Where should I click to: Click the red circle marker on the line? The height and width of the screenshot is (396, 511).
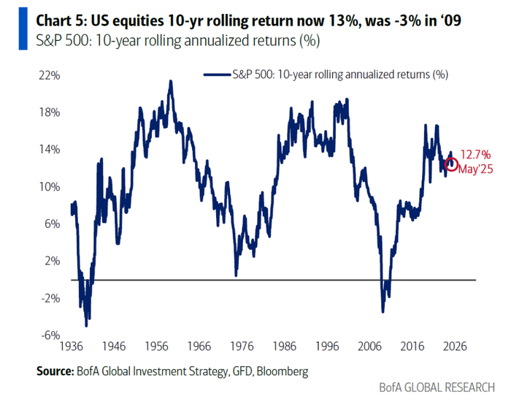[451, 164]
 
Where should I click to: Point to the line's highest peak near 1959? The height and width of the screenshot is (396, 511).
[171, 81]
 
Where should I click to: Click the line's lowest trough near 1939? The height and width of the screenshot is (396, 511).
[86, 325]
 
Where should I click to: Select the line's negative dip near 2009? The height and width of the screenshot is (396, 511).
[383, 312]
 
